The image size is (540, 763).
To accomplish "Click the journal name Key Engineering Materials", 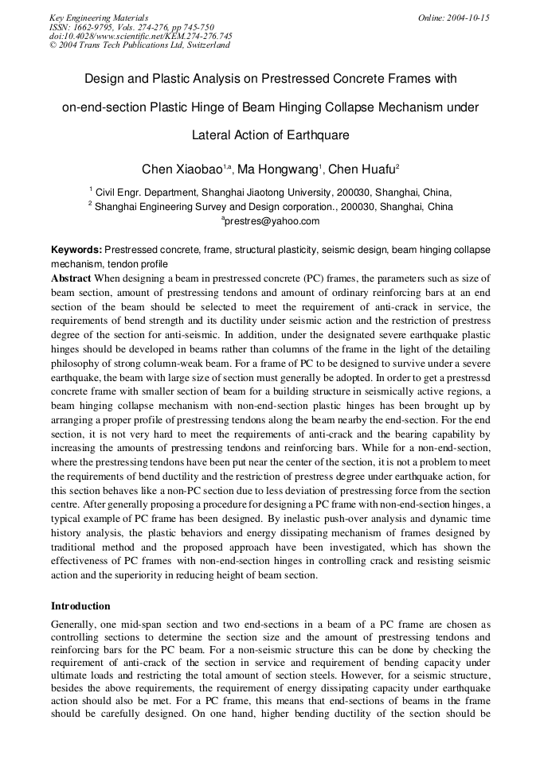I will (x=98, y=18).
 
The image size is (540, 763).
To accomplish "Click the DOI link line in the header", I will (x=140, y=36).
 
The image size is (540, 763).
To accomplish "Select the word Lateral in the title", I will (x=211, y=135).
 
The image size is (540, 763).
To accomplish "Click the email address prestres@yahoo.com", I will (x=272, y=221).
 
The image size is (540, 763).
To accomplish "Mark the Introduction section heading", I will (x=80, y=605).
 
